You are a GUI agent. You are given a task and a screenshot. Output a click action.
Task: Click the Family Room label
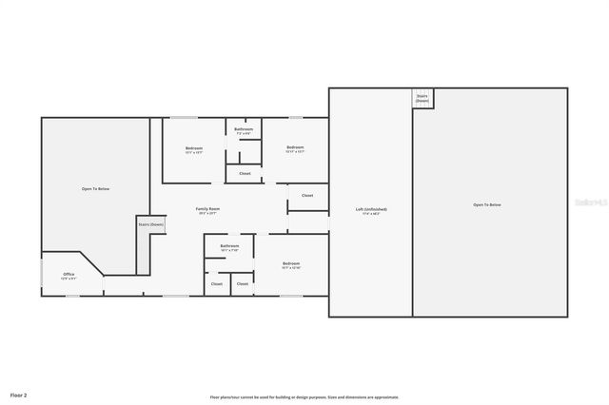[207, 208]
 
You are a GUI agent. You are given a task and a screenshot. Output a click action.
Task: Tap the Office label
[69, 274]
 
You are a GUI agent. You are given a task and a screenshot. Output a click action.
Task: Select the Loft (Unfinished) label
[371, 209]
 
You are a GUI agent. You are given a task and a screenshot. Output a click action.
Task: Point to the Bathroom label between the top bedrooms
[244, 128]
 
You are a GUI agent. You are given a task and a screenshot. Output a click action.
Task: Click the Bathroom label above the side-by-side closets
[229, 246]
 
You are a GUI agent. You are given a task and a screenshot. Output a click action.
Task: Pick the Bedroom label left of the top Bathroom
[194, 147]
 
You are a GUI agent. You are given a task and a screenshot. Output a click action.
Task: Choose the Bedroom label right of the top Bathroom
[295, 147]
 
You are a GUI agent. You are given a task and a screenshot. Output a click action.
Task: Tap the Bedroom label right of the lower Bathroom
[291, 263]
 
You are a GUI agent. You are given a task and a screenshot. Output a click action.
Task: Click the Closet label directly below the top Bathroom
[245, 173]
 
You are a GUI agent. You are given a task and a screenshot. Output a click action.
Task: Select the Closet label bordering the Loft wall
[307, 195]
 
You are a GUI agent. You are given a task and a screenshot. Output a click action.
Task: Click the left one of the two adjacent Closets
[217, 283]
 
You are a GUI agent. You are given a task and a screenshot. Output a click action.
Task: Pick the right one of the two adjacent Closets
[243, 283]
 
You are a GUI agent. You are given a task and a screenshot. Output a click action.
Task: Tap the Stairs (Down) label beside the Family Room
[150, 224]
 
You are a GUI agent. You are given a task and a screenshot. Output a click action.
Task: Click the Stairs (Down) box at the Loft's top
[422, 98]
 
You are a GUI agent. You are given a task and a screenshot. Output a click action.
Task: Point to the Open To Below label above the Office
[95, 189]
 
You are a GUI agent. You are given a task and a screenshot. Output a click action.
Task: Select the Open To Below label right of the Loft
[487, 204]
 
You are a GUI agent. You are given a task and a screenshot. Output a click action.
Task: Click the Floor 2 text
[19, 394]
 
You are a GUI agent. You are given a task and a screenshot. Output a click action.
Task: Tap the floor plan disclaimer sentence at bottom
[304, 397]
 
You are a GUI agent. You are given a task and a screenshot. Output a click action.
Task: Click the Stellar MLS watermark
[590, 202]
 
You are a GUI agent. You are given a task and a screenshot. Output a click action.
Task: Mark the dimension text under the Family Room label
[207, 213]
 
